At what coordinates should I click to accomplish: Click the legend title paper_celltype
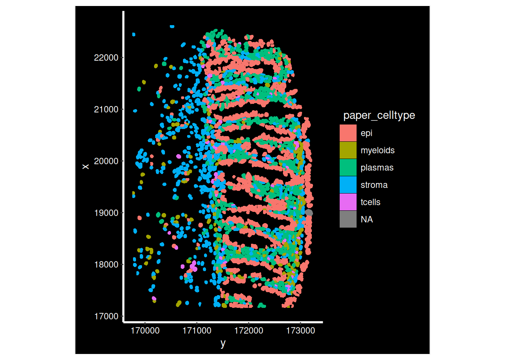(x=379, y=115)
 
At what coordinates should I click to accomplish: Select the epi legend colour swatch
(x=348, y=133)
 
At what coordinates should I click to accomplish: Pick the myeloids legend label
(x=377, y=150)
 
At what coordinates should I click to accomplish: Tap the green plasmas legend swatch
(x=348, y=168)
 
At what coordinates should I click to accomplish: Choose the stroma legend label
(x=374, y=185)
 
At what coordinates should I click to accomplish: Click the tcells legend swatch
(x=348, y=202)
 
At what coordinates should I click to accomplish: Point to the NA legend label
(x=367, y=219)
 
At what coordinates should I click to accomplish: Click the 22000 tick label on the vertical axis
(x=106, y=58)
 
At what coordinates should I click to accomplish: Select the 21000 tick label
(x=106, y=109)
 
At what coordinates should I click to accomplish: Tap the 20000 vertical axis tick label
(x=106, y=161)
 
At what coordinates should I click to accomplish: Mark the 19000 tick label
(x=106, y=213)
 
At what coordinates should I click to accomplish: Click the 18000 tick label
(x=106, y=265)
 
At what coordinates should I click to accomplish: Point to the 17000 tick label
(x=106, y=316)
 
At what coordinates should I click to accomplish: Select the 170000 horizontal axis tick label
(x=145, y=331)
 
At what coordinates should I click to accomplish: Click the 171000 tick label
(x=197, y=331)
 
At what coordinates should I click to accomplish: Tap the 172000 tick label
(x=249, y=331)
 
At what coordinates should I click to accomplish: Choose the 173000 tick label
(x=301, y=331)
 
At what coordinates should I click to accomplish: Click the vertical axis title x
(x=86, y=166)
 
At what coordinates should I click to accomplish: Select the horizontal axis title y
(x=223, y=343)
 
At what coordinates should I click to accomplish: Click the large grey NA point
(x=309, y=213)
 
